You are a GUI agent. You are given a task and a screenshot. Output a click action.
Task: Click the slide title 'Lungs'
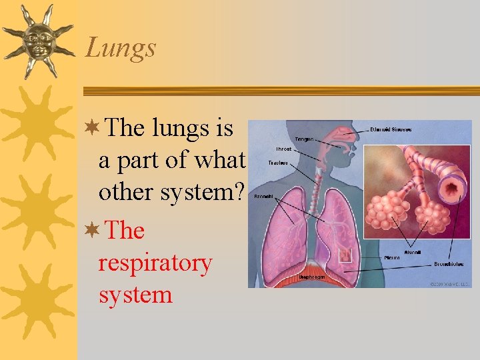pyautogui.click(x=120, y=47)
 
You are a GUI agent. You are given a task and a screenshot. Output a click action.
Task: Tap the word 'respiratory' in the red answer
pyautogui.click(x=155, y=263)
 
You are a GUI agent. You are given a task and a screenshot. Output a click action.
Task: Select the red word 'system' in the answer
pyautogui.click(x=135, y=294)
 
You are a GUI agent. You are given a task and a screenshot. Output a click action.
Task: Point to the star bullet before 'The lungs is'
pyautogui.click(x=93, y=127)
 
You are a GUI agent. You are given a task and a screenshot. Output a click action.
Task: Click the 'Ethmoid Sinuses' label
pyautogui.click(x=391, y=129)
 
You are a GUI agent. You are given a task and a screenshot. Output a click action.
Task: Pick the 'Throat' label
pyautogui.click(x=283, y=149)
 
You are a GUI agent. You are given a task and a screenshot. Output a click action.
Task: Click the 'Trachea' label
pyautogui.click(x=279, y=162)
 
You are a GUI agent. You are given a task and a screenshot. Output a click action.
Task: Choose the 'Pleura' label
pyautogui.click(x=392, y=257)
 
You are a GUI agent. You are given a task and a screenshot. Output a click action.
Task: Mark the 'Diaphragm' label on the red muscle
pyautogui.click(x=312, y=276)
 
